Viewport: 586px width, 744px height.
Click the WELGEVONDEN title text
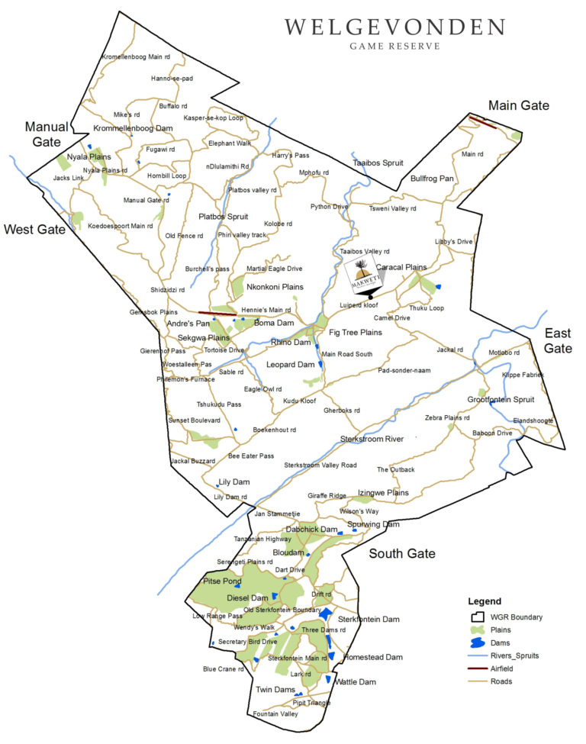click(x=394, y=28)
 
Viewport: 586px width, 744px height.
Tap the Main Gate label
click(x=519, y=105)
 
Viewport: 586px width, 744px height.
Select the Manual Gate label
click(x=47, y=134)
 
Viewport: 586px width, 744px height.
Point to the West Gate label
click(x=34, y=229)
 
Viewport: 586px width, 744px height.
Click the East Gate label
click(x=558, y=340)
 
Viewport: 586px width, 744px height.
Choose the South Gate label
click(x=401, y=553)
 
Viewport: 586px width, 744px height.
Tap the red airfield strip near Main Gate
click(x=482, y=121)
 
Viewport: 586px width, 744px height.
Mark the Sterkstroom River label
click(x=372, y=439)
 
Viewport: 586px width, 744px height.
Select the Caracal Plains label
click(x=401, y=267)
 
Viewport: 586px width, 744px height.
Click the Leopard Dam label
click(x=290, y=365)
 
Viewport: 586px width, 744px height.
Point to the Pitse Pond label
click(x=221, y=581)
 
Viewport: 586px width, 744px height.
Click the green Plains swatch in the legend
click(x=479, y=630)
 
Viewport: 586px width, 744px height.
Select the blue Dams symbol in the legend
click(x=479, y=643)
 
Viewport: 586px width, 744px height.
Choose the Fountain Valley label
click(x=275, y=713)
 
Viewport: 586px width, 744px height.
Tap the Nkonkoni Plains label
click(x=275, y=287)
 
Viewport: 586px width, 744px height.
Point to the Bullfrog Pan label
click(x=432, y=179)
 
